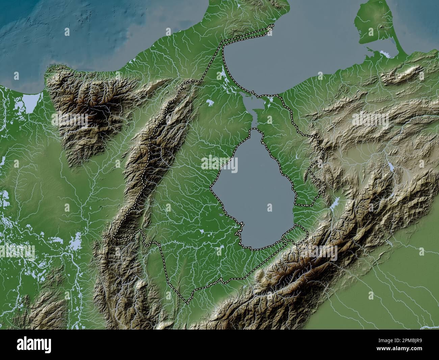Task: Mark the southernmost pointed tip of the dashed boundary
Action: [187, 302]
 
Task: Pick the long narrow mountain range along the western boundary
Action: [159, 142]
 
